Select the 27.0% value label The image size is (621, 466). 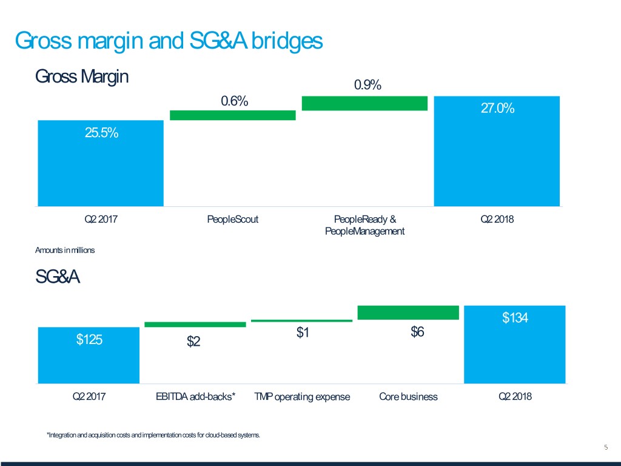pyautogui.click(x=497, y=109)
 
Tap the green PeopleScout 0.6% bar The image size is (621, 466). pyautogui.click(x=233, y=115)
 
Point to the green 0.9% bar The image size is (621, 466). pyautogui.click(x=364, y=103)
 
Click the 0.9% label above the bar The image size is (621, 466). pyautogui.click(x=367, y=86)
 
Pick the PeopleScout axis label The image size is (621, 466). pyautogui.click(x=232, y=220)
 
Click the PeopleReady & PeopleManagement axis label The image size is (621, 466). pyautogui.click(x=364, y=225)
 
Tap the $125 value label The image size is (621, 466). pyautogui.click(x=89, y=340)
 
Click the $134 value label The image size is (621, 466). pyautogui.click(x=515, y=318)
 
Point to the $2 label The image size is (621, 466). pyautogui.click(x=193, y=342)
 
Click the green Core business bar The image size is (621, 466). pyautogui.click(x=408, y=312)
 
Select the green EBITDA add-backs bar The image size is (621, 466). pyautogui.click(x=195, y=325)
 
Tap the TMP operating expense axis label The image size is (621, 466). pyautogui.click(x=302, y=397)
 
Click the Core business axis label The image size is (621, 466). pyautogui.click(x=408, y=397)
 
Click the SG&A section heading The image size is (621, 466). pyautogui.click(x=58, y=278)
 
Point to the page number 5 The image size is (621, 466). pyautogui.click(x=606, y=448)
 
